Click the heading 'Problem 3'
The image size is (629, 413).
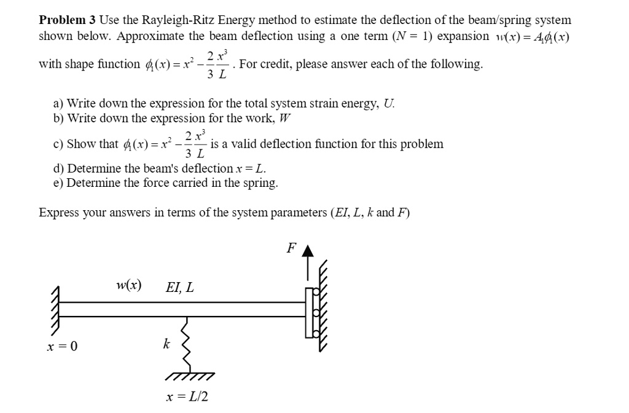coord(67,20)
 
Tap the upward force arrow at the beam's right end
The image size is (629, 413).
coord(309,270)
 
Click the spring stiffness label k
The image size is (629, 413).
coord(166,344)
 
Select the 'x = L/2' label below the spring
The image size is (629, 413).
coord(187,396)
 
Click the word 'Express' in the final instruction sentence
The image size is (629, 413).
coord(58,213)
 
